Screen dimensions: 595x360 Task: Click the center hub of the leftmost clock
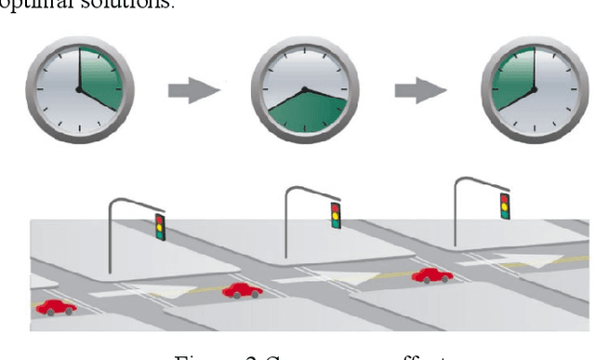tap(78, 89)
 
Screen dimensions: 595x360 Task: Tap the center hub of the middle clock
tap(303, 90)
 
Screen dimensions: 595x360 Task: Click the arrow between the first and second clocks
tap(192, 91)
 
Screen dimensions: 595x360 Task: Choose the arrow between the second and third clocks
tap(418, 91)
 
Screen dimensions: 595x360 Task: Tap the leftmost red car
tap(57, 306)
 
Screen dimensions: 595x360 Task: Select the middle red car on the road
tap(242, 290)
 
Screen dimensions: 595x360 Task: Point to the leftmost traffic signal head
tap(160, 227)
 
